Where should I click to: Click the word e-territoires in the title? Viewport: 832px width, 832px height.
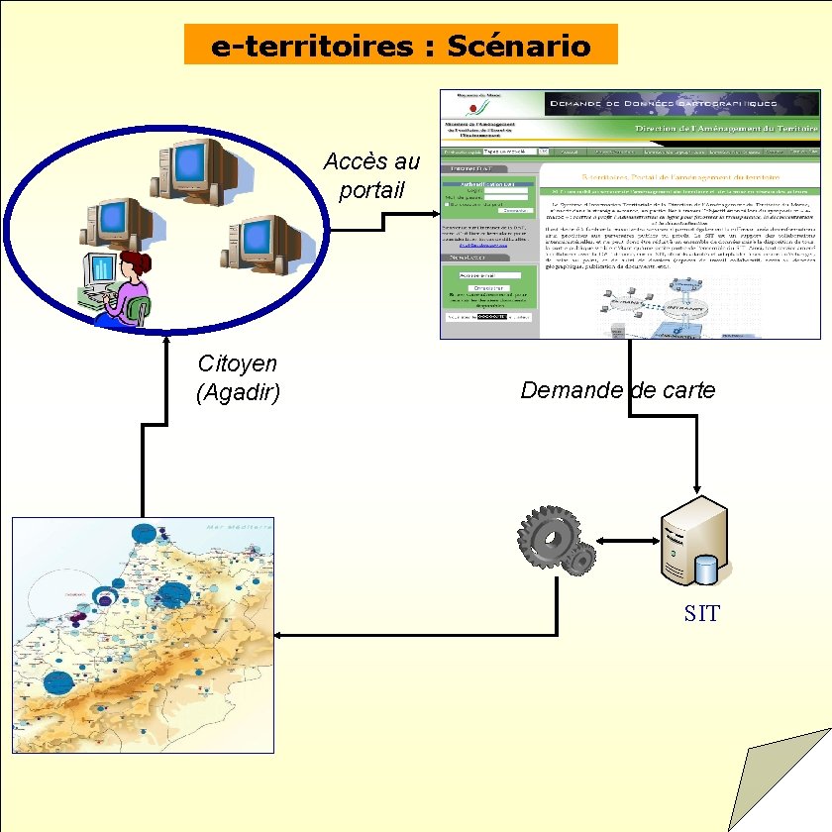[312, 46]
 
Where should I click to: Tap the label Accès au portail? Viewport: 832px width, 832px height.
[371, 175]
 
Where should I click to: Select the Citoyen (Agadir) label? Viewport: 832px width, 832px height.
[239, 378]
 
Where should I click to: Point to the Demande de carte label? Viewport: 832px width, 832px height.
[618, 390]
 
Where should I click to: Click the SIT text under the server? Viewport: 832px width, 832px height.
[701, 613]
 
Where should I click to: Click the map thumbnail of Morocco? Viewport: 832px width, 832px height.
[143, 635]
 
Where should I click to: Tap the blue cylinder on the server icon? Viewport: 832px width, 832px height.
[705, 569]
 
